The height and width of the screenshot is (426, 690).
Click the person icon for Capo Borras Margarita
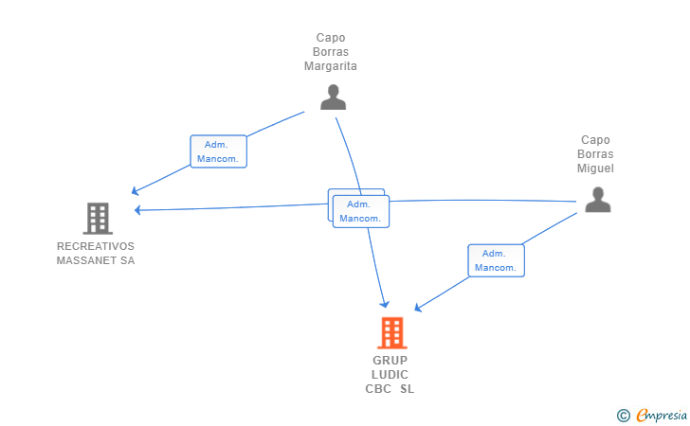[x=333, y=97]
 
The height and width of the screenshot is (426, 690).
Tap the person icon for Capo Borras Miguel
[x=597, y=199]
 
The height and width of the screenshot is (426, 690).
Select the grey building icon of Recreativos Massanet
[x=97, y=219]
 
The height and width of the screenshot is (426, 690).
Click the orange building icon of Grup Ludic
[x=391, y=332]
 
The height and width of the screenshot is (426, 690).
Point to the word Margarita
[x=330, y=66]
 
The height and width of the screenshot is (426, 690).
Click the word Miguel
[x=596, y=169]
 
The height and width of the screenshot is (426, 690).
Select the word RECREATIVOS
[x=96, y=246]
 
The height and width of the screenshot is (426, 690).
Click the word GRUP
[x=390, y=361]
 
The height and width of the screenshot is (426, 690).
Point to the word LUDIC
[x=390, y=375]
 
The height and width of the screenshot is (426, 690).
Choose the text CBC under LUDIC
[x=378, y=389]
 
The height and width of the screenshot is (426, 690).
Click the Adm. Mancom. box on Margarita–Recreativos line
[x=219, y=151]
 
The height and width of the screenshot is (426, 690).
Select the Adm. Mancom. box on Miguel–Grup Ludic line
[x=496, y=260]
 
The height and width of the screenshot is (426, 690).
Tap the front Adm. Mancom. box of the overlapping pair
[x=361, y=211]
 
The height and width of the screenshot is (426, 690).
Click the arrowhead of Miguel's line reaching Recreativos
[x=138, y=210]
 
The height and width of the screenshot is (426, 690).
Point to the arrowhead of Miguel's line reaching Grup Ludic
[x=418, y=308]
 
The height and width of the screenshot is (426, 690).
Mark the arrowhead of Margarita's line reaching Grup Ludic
[x=384, y=304]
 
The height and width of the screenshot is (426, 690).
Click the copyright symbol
[x=623, y=415]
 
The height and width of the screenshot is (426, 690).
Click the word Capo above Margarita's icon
[x=330, y=38]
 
